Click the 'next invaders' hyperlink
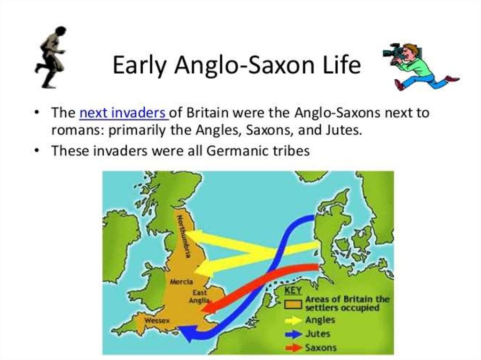point(124,113)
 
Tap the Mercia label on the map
point(182,282)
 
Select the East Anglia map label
point(200,296)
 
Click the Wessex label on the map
point(157,321)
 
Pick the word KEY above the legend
point(293,290)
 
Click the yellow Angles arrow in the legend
point(293,320)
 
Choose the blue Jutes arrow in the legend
point(293,334)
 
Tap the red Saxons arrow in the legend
point(293,348)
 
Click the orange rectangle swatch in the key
point(293,304)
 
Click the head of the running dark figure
point(60,31)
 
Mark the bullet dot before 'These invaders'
point(37,151)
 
